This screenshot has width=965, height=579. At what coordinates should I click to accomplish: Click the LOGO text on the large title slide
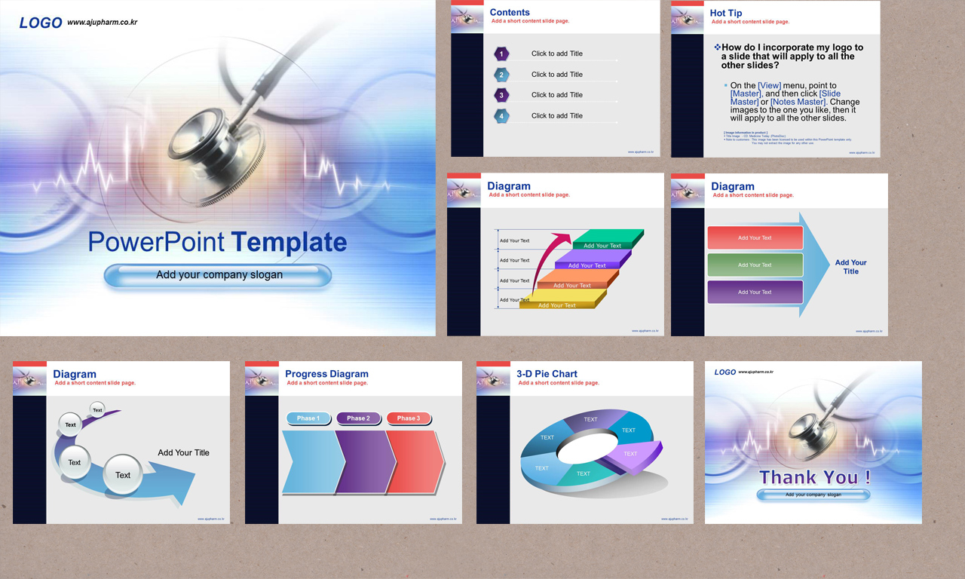[x=41, y=23]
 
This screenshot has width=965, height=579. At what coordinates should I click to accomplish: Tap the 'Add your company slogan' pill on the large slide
[x=219, y=275]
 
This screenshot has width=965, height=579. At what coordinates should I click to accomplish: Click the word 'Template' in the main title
[x=289, y=242]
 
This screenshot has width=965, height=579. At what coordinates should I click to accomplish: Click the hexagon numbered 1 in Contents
[x=501, y=54]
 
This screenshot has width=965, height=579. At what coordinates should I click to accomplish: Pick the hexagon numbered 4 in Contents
[x=501, y=116]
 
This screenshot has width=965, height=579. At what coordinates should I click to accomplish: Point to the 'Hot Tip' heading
[x=725, y=13]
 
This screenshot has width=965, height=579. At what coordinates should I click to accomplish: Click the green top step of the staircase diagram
[x=607, y=238]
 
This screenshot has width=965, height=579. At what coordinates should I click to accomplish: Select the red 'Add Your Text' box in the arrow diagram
[x=755, y=237]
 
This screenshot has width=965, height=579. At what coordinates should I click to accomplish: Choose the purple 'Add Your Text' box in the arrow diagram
[x=755, y=292]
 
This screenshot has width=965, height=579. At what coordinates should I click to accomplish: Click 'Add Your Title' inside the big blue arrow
[x=850, y=267]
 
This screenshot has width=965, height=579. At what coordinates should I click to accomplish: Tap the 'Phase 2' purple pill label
[x=358, y=418]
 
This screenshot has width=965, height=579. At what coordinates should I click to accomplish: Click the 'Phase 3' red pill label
[x=409, y=418]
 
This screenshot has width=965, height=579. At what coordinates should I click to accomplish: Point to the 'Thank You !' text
[x=814, y=477]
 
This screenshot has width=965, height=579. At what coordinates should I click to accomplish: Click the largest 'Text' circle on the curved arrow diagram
[x=122, y=475]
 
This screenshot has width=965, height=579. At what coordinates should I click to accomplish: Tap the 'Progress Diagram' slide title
[x=326, y=374]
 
